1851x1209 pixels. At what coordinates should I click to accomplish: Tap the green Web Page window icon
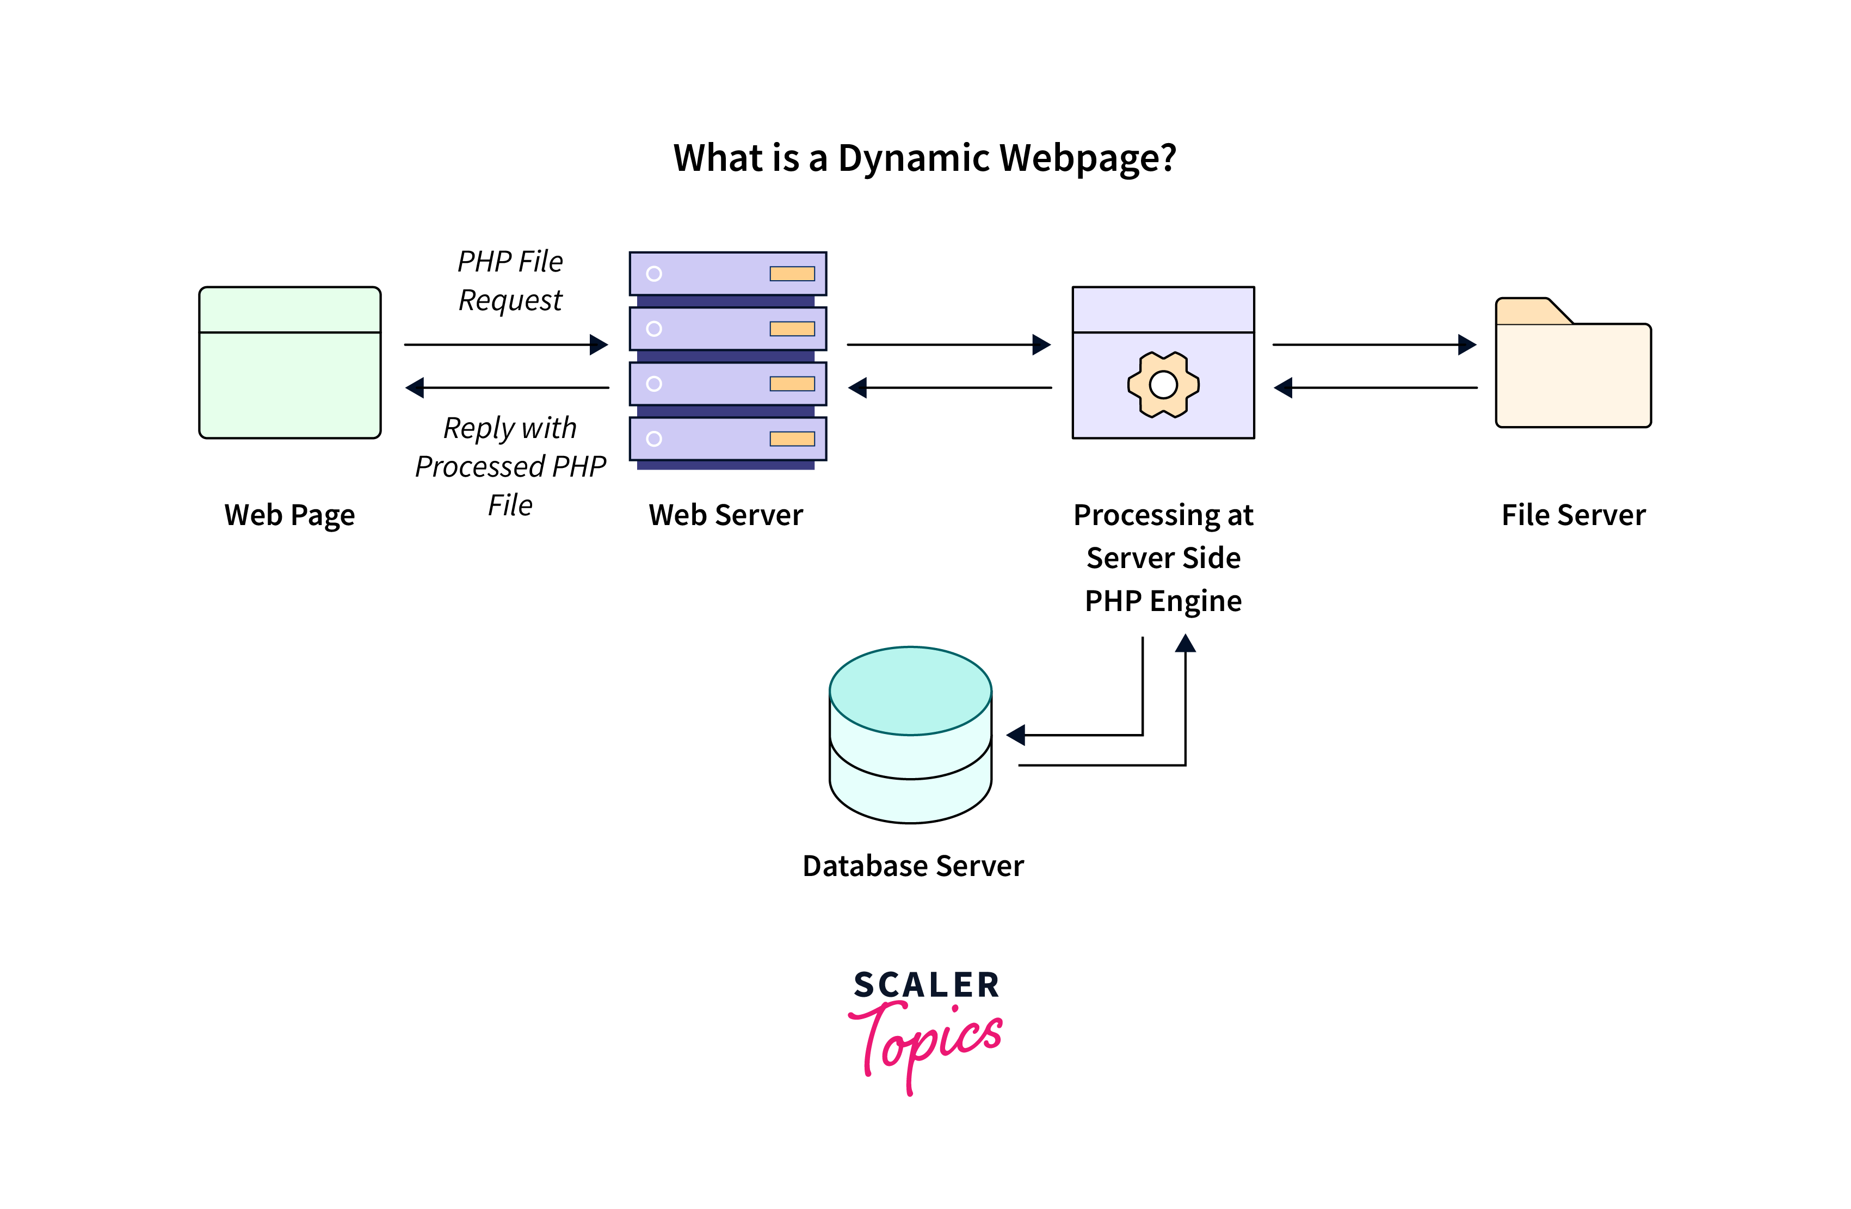point(289,362)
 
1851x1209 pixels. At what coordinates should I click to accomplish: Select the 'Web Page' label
point(289,515)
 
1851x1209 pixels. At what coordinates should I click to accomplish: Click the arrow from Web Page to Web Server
point(505,344)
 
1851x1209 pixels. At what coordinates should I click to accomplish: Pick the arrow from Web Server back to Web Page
point(507,387)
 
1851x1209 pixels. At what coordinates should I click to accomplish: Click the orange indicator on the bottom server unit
point(792,439)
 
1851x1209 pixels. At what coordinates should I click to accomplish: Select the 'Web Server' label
point(726,515)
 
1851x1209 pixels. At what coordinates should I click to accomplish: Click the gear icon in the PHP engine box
point(1163,384)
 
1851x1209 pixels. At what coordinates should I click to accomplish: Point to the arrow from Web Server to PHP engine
point(949,344)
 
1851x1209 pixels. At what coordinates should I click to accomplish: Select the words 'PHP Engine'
point(1163,601)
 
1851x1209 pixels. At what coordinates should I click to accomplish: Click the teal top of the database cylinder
point(910,690)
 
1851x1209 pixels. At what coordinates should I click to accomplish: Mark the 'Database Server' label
point(913,866)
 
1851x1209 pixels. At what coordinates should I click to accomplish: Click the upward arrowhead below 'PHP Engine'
point(1185,643)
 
